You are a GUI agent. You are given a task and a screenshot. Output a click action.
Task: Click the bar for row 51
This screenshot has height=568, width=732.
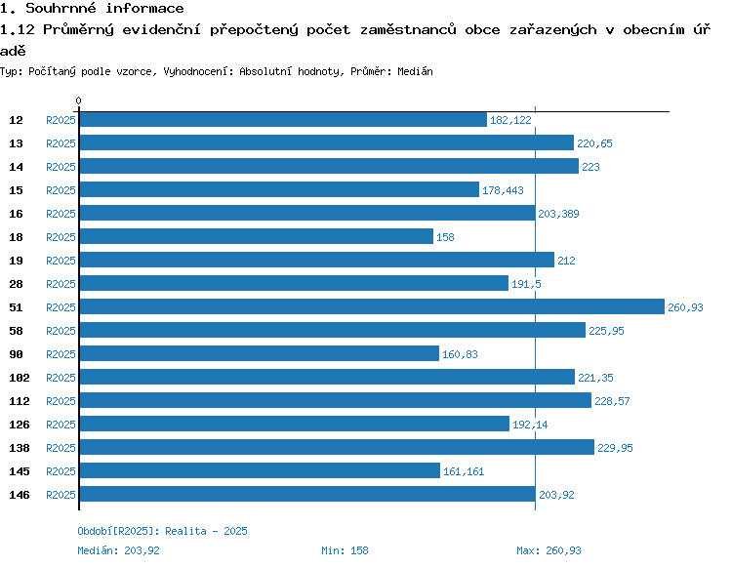coord(371,306)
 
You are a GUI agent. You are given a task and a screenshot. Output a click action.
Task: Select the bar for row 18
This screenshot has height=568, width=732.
coord(256,236)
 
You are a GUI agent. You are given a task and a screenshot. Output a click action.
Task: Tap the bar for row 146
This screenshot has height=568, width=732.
coord(306,494)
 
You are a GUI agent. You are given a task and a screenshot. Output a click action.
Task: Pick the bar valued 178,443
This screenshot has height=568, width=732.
coord(278,189)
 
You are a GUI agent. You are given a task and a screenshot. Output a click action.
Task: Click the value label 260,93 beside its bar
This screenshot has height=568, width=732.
coord(686,307)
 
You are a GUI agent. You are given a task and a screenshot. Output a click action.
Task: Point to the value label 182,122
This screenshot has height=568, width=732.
coord(510,120)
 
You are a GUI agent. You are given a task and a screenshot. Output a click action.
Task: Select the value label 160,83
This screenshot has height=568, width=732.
coord(460,354)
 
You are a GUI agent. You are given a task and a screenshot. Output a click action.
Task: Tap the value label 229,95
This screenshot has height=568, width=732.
coord(616,448)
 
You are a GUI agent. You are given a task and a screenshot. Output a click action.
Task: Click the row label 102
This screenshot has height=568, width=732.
coord(19,378)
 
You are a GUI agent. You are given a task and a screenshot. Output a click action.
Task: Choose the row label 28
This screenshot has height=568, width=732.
coord(17,284)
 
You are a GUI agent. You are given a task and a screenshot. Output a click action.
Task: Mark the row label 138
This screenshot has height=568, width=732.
coord(19,448)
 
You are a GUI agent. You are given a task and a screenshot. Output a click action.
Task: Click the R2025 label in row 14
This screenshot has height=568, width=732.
coord(61,167)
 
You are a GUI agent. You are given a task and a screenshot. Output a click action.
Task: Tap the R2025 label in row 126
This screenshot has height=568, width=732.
coord(61,425)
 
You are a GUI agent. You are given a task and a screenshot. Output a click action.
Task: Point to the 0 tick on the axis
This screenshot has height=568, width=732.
coord(78,101)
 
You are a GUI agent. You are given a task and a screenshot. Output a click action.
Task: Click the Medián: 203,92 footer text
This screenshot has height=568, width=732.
coord(118,550)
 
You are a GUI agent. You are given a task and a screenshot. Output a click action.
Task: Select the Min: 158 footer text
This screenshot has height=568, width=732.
coord(345,550)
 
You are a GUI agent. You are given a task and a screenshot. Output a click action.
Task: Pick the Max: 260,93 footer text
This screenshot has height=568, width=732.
coord(549,550)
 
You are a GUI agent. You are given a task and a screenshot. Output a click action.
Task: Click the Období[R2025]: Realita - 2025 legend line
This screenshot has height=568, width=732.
coord(162,531)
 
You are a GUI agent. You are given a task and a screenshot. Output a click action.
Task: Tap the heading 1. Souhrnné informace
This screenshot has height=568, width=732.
coord(92,9)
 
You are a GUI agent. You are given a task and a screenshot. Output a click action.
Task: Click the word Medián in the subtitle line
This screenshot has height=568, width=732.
coord(416,71)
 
